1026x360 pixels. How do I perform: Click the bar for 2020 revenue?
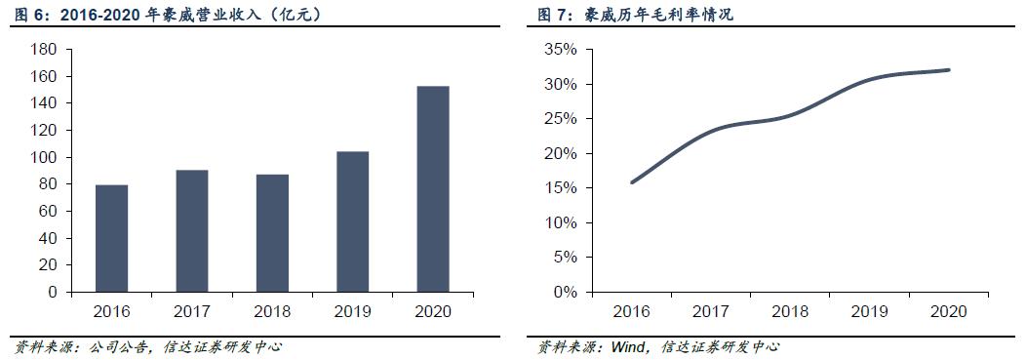tap(432, 189)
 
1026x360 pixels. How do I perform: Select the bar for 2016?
tap(111, 238)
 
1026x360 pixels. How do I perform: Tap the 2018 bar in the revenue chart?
tap(272, 233)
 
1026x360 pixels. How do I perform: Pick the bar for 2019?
tap(352, 221)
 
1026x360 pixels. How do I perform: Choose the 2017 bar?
tap(191, 231)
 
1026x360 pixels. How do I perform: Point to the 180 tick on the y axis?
tap(46, 50)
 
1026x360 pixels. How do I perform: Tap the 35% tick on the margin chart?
tap(565, 50)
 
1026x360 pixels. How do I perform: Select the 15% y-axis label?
tap(565, 188)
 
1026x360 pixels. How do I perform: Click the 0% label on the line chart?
tap(569, 292)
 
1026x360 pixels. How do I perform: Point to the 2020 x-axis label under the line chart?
tap(948, 311)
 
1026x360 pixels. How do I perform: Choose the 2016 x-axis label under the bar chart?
tap(111, 311)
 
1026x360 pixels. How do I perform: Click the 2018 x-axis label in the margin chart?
tap(790, 311)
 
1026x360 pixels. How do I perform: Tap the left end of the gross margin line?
tap(632, 182)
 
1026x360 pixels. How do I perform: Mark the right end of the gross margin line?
tap(949, 69)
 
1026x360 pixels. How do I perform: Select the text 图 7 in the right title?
tap(549, 15)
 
